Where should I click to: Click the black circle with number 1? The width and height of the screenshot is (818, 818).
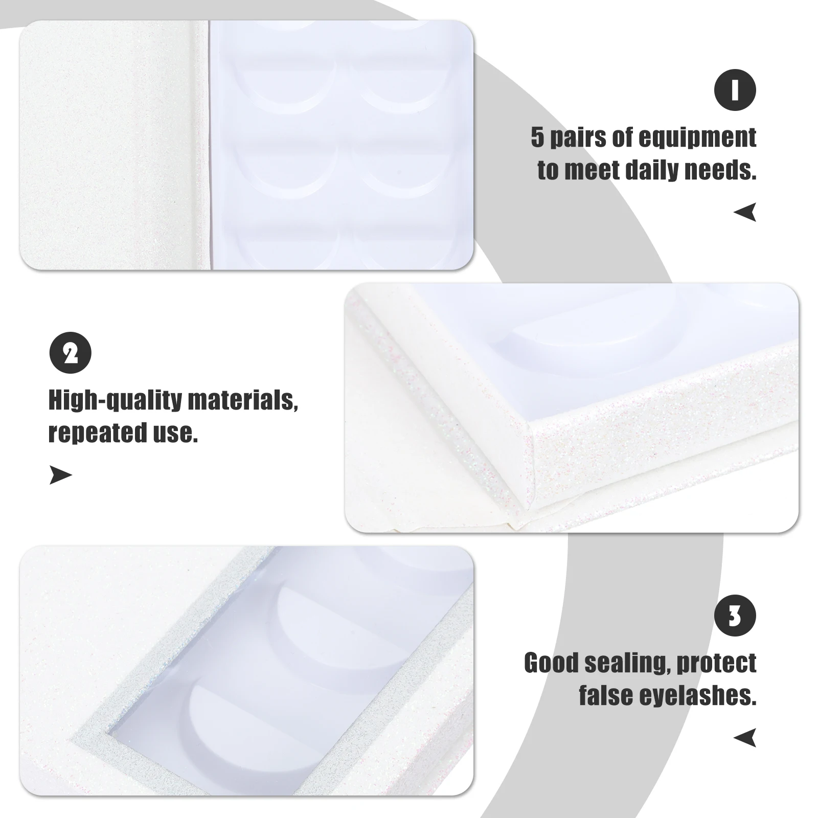[735, 90]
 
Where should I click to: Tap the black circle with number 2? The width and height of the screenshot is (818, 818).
[70, 353]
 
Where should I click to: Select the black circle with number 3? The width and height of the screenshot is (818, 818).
[735, 617]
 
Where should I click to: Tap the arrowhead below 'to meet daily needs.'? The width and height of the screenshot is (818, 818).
[745, 212]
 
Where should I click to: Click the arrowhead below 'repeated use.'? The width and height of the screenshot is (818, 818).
[60, 475]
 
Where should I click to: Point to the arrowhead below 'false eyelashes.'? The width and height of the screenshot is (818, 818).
[745, 738]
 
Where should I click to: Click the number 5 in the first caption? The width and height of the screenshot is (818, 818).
[537, 138]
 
